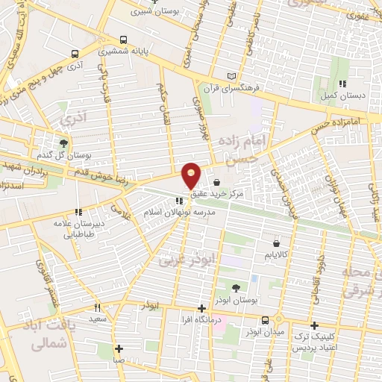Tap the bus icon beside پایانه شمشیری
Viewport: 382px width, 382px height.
point(124,40)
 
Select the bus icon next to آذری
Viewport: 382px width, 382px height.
point(75,54)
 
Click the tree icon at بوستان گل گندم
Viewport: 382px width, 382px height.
point(64,144)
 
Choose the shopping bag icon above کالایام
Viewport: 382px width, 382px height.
point(277,243)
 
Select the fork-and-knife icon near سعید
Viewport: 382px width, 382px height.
point(97,307)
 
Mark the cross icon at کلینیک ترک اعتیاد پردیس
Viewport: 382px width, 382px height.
point(315,325)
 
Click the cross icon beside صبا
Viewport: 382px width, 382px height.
point(119,348)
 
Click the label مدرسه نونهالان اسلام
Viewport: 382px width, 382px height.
point(180,213)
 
